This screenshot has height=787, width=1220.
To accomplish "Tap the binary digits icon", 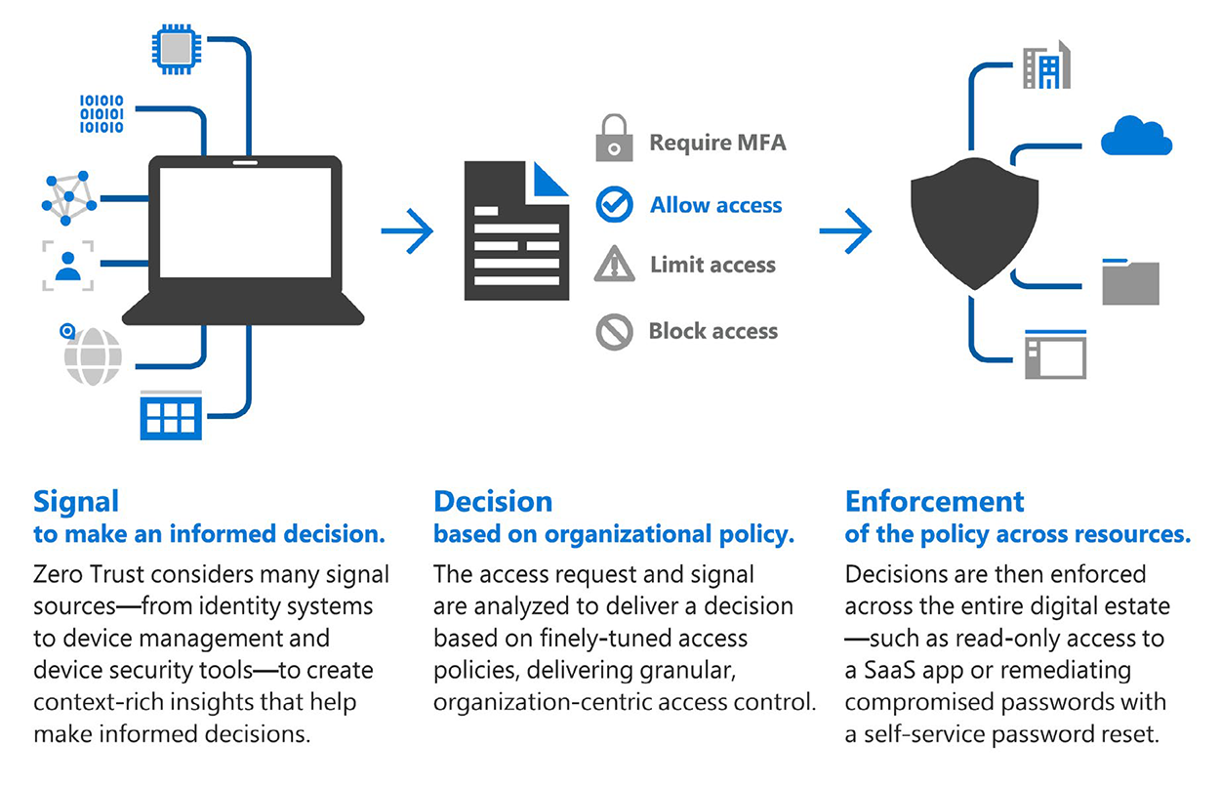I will [102, 113].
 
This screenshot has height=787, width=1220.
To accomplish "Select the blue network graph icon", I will [69, 197].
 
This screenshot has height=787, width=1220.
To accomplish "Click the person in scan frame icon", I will [68, 265].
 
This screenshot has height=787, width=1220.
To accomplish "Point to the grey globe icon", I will [92, 356].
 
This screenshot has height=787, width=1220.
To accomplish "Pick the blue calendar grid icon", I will [171, 415].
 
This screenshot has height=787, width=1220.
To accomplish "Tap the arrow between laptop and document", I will [407, 231].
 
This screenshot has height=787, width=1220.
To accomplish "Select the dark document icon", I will [516, 230].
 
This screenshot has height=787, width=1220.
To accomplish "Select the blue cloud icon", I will [1136, 137].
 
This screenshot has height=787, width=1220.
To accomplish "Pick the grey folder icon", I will [1130, 282].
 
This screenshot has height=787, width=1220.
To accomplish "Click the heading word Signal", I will [76, 502].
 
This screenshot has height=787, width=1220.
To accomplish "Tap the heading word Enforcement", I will [934, 502].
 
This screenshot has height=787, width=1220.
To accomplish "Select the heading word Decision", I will [493, 502].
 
